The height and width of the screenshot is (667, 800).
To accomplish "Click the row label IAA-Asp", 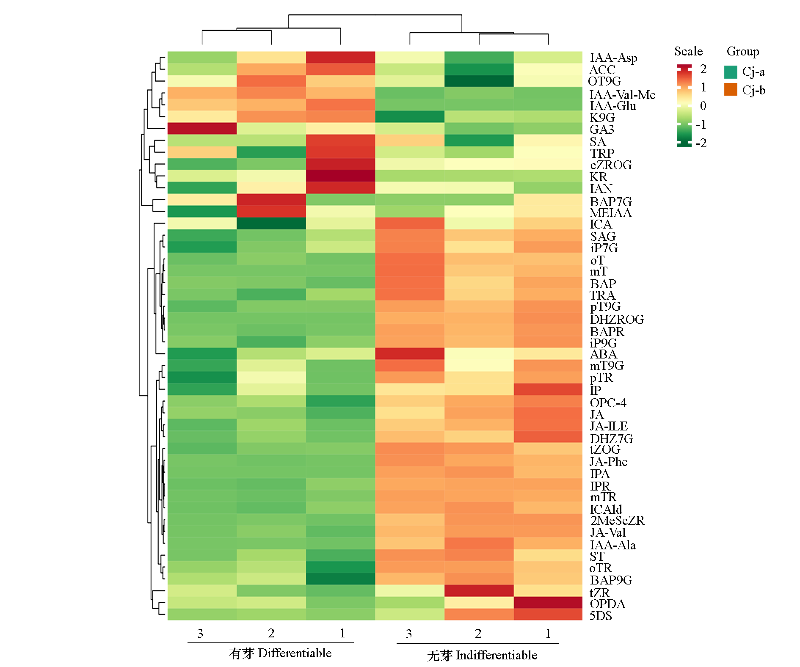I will pos(613,58).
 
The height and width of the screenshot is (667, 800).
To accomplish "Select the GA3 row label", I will pos(601,129).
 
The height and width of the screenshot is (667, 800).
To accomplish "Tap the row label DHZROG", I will pos(617,319).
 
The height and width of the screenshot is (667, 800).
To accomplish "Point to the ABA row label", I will pos(603,354).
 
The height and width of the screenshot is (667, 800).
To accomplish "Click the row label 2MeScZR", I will pos(617,520).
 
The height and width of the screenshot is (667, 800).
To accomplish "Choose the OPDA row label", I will pos(607,604).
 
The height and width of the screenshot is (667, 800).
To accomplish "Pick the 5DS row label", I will pos(601,615).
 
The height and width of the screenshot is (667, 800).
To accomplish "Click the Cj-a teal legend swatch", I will pos(730,72).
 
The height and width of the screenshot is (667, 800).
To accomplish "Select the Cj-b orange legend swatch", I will pos(730,90).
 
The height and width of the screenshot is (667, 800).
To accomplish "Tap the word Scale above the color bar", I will pos(688,52).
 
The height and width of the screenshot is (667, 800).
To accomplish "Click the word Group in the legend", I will pos(742,52).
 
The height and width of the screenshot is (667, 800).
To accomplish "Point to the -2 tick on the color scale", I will pos(701,143).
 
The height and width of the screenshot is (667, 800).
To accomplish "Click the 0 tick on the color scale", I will pos(703,106).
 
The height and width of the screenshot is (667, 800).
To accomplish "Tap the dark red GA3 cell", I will pos(202,128).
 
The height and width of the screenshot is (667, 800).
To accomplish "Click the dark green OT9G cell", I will pos(479,81).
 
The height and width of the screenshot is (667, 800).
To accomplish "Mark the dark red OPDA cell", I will pos(548,602).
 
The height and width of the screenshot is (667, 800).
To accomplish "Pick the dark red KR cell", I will pos(340,176).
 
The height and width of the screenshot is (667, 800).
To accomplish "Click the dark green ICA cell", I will pos(271,223).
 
